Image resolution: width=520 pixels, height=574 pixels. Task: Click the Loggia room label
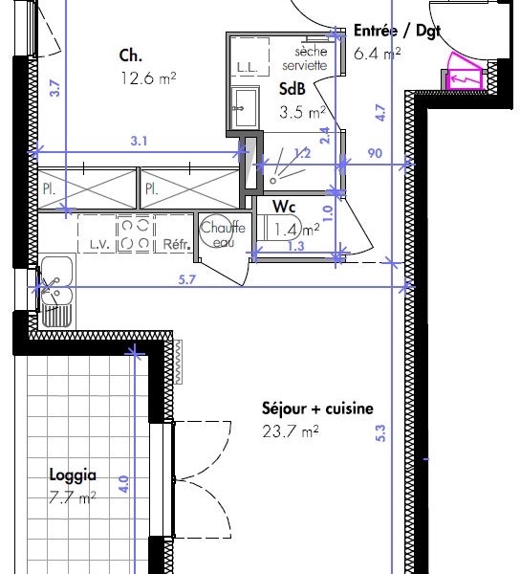click(x=73, y=475)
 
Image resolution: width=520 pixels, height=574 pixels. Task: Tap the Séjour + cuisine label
click(x=317, y=408)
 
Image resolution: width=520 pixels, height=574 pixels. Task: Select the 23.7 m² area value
click(x=291, y=431)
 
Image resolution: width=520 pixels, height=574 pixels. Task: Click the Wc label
click(x=284, y=207)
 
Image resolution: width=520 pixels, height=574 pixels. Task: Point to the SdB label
click(x=292, y=89)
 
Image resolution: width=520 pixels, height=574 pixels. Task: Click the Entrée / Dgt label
click(x=397, y=31)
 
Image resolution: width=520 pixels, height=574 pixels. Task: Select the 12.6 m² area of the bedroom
click(x=148, y=78)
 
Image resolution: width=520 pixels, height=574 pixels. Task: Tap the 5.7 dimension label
click(x=186, y=280)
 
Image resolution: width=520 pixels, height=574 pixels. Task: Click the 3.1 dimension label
click(x=139, y=141)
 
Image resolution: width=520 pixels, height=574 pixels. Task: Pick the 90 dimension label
click(x=375, y=153)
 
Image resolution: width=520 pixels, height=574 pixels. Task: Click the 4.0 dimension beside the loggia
click(x=124, y=484)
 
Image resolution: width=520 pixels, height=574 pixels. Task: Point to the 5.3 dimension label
click(x=380, y=433)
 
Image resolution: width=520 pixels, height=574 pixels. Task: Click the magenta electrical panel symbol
click(x=465, y=73)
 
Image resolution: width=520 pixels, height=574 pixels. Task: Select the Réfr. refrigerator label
click(x=177, y=244)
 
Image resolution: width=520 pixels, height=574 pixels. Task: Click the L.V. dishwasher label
click(x=99, y=245)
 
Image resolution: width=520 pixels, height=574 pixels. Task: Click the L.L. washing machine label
click(x=248, y=67)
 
